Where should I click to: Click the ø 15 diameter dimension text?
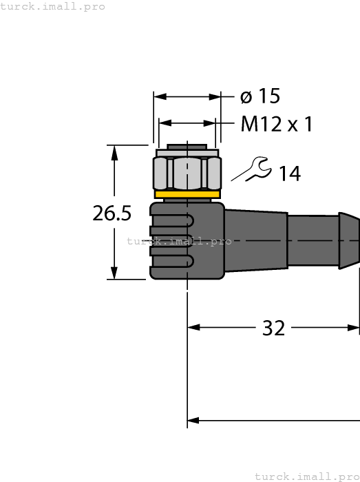pos(260,97)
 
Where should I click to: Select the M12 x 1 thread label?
pos(277,125)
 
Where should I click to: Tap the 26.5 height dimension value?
pos(112,213)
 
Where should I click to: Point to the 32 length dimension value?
pos(273,328)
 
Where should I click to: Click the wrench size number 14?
pos(290,174)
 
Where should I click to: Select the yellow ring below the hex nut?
pos(187,196)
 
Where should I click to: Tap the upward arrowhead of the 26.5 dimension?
pos(113,151)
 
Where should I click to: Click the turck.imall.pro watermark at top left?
pos(53,6)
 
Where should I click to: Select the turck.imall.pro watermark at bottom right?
pos(307,476)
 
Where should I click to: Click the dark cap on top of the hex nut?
pos(187,149)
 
